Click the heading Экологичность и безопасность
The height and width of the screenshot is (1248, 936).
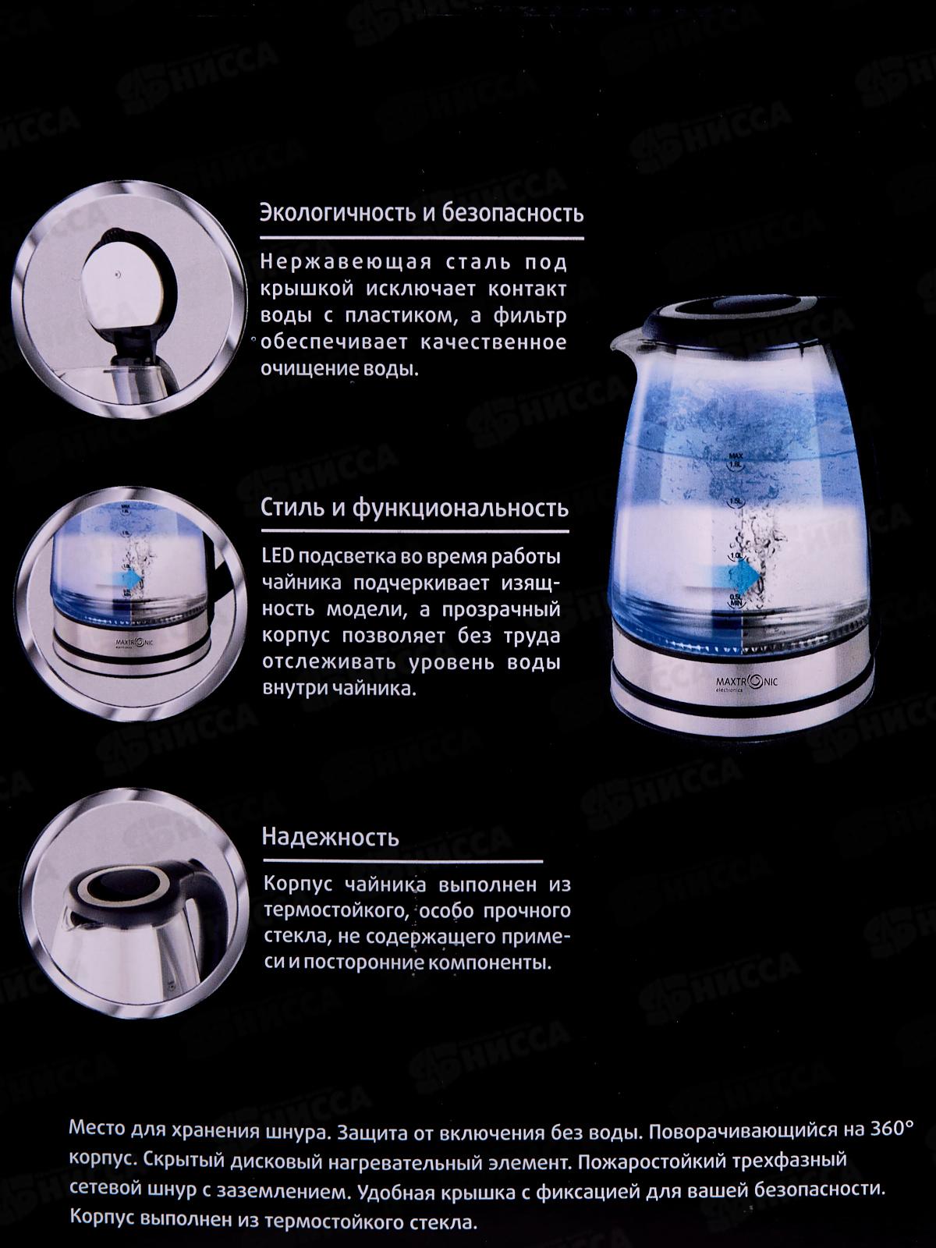pyautogui.click(x=421, y=213)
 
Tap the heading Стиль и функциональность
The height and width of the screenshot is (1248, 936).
pyautogui.click(x=414, y=509)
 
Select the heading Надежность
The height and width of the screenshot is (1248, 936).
pyautogui.click(x=331, y=838)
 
